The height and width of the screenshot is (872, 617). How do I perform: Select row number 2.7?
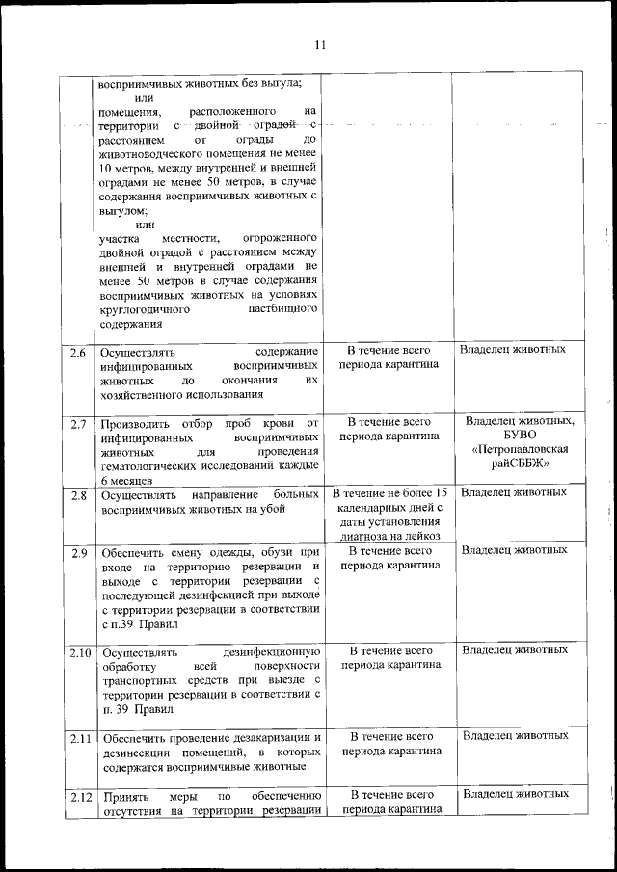(x=78, y=424)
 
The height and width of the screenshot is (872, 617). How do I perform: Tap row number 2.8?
(x=78, y=495)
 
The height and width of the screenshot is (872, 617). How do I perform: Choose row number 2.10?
(x=79, y=652)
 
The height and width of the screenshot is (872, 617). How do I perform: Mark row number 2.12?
(x=79, y=797)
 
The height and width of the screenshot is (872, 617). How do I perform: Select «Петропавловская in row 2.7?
(x=520, y=450)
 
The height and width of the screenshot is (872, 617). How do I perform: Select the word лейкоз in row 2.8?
(x=421, y=536)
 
